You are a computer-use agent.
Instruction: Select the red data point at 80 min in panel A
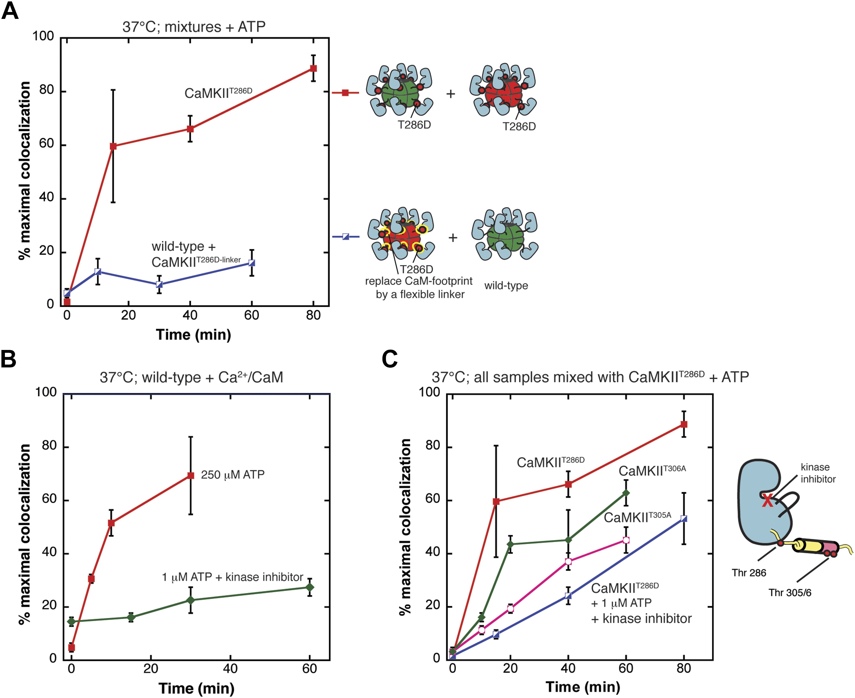click(313, 68)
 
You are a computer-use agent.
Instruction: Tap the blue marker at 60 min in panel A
click(252, 263)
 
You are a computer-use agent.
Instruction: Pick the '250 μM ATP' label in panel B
click(232, 475)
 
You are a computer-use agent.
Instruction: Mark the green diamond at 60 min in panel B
click(309, 587)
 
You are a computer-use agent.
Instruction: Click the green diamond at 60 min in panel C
click(626, 493)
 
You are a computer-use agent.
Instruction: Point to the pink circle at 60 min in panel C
click(626, 540)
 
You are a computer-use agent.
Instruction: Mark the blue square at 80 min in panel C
click(684, 519)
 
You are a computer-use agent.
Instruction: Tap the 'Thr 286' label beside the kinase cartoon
click(749, 573)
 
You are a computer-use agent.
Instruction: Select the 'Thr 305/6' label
click(790, 593)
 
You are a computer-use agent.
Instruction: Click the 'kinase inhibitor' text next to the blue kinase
click(818, 473)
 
